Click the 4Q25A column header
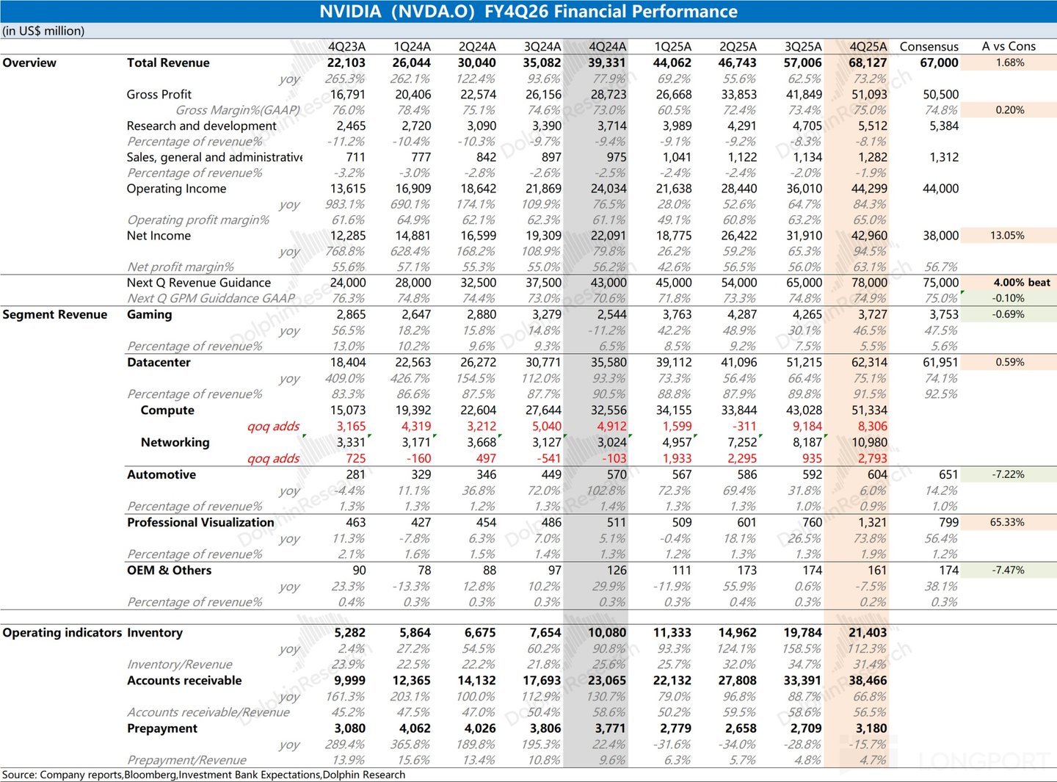point(868,46)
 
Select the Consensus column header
point(929,46)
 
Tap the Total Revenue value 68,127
point(868,62)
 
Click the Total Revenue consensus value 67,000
point(939,62)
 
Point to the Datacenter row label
point(159,362)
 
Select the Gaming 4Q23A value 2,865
point(351,314)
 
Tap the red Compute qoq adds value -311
point(742,426)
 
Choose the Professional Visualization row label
point(200,522)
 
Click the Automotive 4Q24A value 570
point(617,474)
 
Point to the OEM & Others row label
point(169,570)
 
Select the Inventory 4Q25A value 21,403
point(868,632)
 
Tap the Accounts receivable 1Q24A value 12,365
point(411,681)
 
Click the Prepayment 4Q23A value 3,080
point(349,728)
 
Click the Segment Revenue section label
point(55,314)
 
